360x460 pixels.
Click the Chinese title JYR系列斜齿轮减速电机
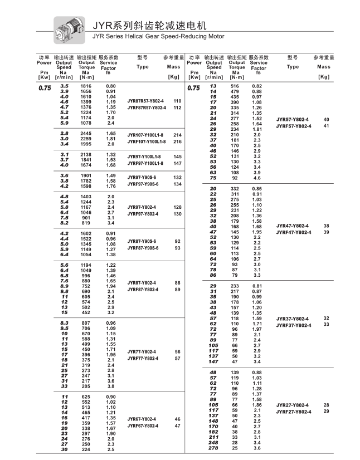click(149, 25)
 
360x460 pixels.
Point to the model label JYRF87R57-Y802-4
click(147, 107)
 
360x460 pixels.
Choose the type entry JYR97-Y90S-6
click(143, 177)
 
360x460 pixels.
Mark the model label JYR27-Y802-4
click(294, 405)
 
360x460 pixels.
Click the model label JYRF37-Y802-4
click(295, 325)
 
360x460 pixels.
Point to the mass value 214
click(178, 135)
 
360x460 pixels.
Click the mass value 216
click(178, 141)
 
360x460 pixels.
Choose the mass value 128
click(178, 207)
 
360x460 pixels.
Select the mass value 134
click(178, 184)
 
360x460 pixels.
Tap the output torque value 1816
click(86, 86)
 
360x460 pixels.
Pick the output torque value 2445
click(86, 134)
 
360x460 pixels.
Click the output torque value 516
click(235, 86)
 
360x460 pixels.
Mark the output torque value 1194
click(86, 265)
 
